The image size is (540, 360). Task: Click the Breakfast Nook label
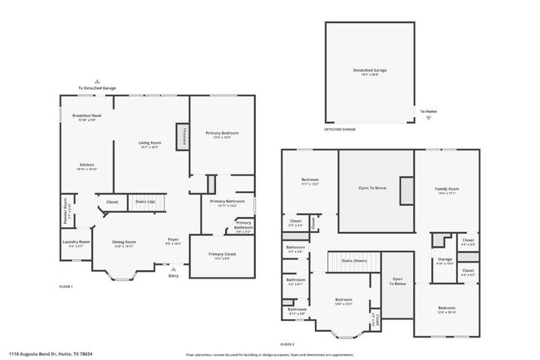coord(86,116)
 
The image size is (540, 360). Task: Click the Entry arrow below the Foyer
coord(173,269)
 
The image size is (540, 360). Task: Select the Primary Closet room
coord(221,255)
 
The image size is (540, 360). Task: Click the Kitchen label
coord(86,165)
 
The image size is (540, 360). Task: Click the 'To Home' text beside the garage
coord(428,111)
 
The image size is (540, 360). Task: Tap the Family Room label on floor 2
coord(447,189)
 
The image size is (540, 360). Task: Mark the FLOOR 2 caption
coord(287,344)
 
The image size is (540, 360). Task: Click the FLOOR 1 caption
coord(66,287)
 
